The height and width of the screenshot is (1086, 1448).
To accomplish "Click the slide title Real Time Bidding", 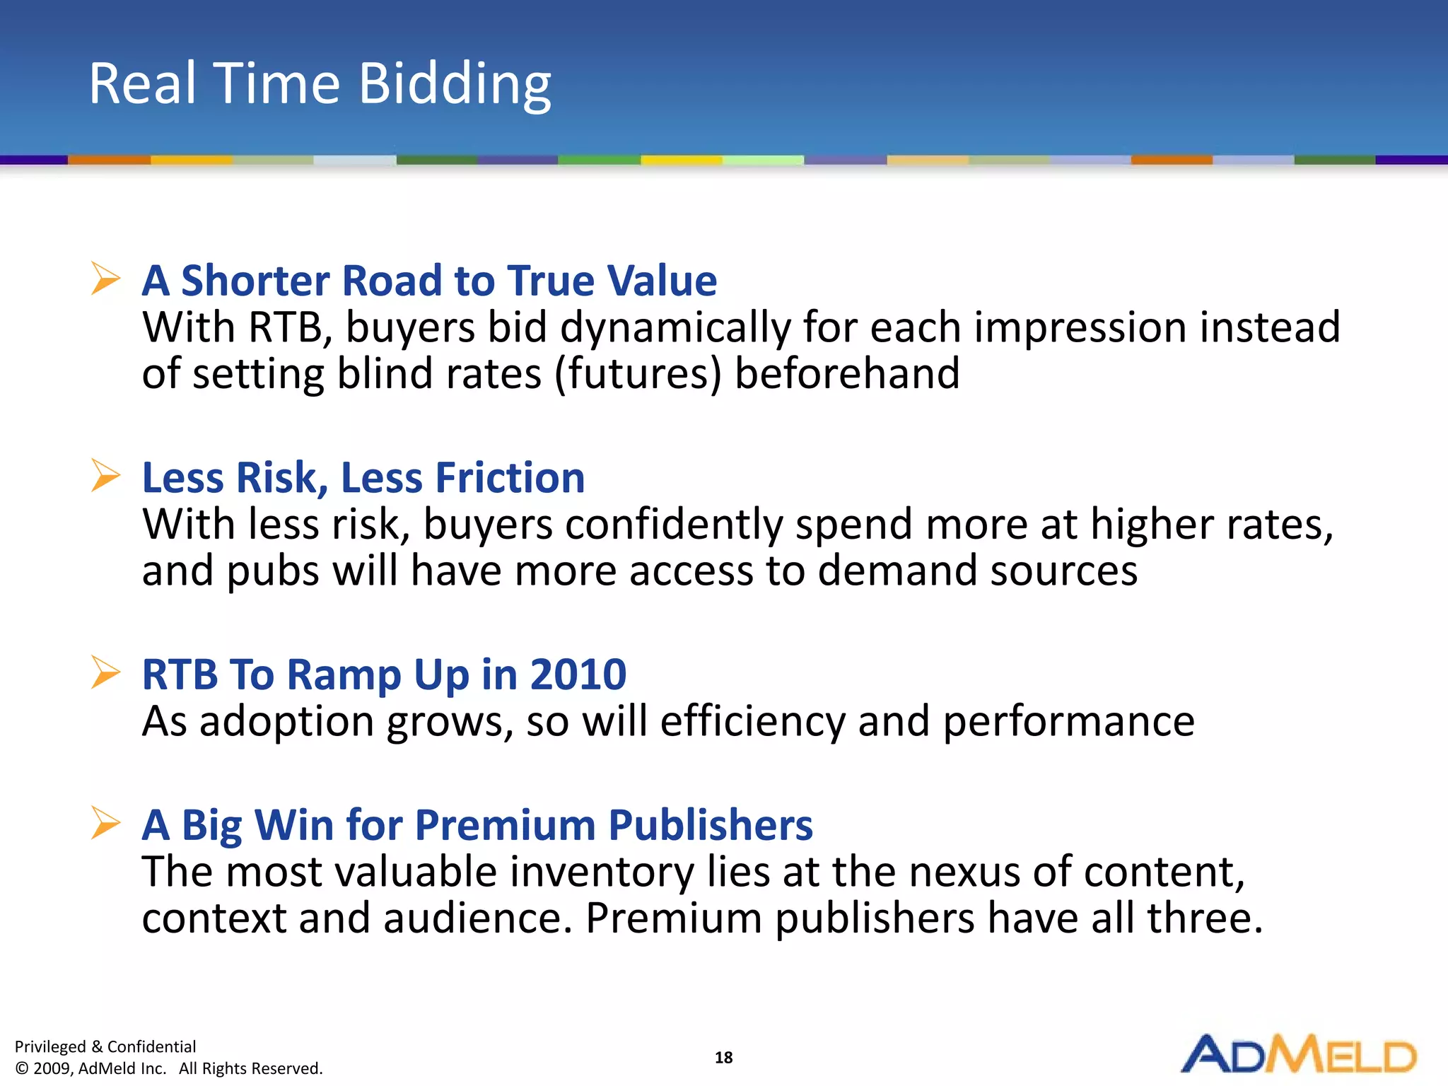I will click(x=320, y=83).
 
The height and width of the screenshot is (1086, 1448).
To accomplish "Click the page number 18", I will click(x=723, y=1057).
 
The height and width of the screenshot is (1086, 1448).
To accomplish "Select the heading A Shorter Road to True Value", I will click(x=429, y=280).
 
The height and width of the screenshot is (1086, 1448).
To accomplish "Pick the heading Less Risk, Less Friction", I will click(x=363, y=477).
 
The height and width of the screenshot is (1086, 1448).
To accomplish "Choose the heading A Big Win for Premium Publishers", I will click(x=477, y=824).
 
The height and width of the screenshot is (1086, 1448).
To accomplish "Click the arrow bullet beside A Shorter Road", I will click(x=105, y=278).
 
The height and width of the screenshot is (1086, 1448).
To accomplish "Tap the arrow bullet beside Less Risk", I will click(x=105, y=475).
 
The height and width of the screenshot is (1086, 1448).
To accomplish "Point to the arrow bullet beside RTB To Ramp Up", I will click(x=105, y=672).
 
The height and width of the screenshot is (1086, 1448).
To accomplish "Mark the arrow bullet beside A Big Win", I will click(x=105, y=822).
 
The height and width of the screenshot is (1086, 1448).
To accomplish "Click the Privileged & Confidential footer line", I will click(x=105, y=1046).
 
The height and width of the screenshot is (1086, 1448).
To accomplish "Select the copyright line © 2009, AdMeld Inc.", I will click(x=168, y=1068).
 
